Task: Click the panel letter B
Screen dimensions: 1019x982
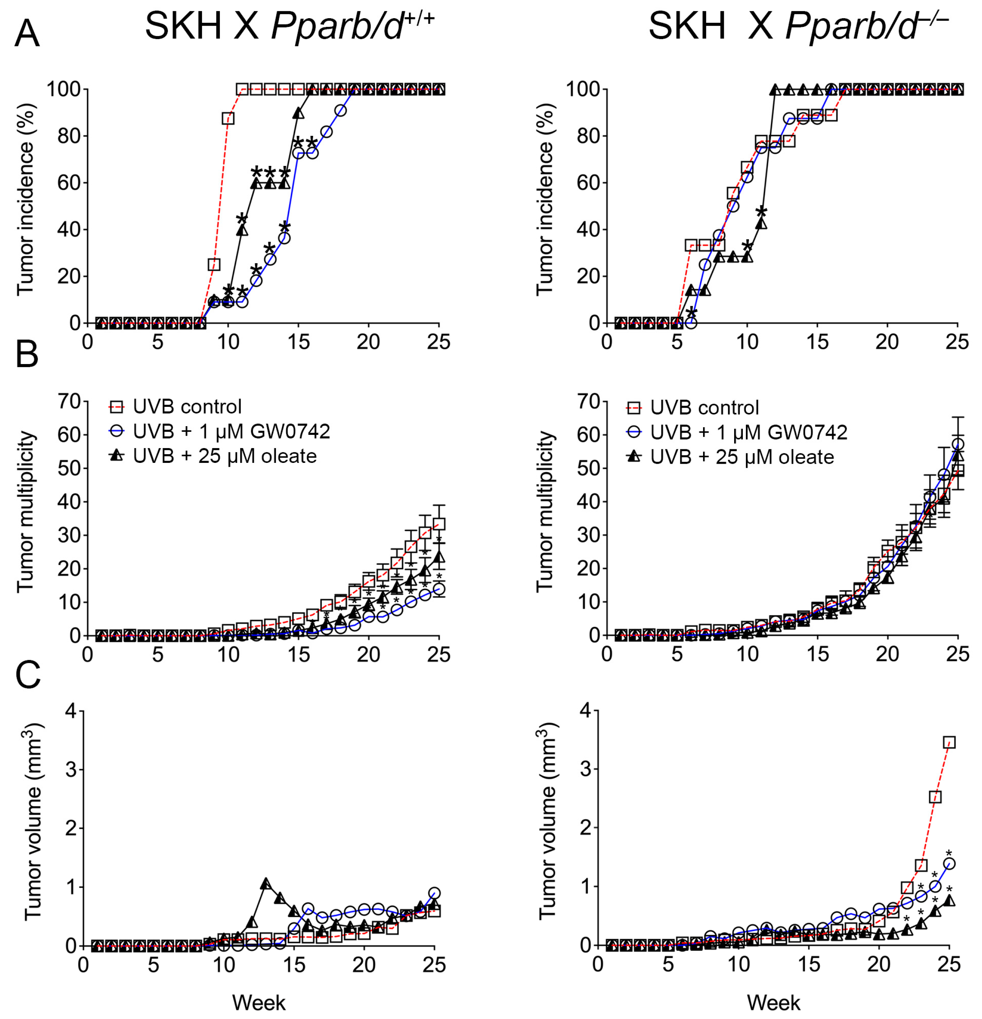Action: [27, 355]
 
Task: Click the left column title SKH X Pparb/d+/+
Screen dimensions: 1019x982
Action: [289, 26]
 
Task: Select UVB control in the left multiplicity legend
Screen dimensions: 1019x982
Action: [187, 406]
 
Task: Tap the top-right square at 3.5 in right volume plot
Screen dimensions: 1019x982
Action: [949, 742]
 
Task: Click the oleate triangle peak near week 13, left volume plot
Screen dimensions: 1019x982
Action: [266, 883]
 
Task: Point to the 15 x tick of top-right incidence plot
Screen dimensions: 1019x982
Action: [817, 342]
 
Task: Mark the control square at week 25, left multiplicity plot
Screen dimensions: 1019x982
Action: [439, 524]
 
